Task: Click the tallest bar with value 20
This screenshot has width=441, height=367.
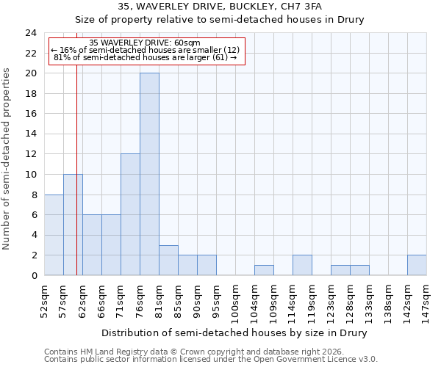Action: tap(149, 174)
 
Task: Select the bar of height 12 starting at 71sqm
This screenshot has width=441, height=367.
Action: tap(130, 214)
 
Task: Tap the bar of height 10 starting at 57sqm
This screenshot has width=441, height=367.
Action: tap(73, 225)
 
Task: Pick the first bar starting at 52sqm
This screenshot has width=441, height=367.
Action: tap(54, 235)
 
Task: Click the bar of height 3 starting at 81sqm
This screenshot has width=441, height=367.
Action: tap(168, 260)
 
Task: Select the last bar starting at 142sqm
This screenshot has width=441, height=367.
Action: tap(417, 265)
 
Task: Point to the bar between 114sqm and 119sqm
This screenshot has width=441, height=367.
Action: tap(302, 265)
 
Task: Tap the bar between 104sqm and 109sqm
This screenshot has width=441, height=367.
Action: tap(264, 270)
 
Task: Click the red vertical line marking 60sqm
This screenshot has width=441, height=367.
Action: tap(76, 183)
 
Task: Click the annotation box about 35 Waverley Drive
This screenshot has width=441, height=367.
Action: tap(145, 50)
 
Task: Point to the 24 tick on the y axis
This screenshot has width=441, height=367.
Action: tap(31, 33)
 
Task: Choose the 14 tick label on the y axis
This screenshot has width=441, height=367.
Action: tap(31, 134)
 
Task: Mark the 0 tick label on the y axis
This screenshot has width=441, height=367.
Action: tap(34, 276)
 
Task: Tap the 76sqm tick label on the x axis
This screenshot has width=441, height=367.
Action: tap(140, 299)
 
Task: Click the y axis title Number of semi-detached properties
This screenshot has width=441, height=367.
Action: tap(7, 159)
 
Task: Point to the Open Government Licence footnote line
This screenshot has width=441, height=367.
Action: tap(211, 360)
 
